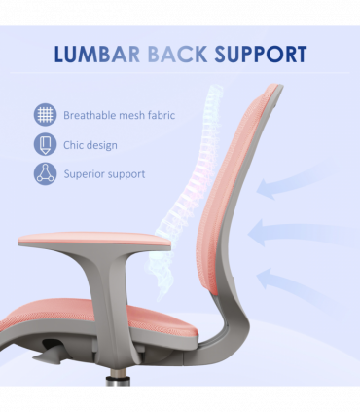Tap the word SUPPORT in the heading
click(x=262, y=54)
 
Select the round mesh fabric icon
click(x=45, y=115)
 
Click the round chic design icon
click(x=45, y=145)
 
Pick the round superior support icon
click(x=45, y=174)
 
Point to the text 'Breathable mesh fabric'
click(x=119, y=115)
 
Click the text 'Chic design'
click(x=90, y=145)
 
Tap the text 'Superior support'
click(x=104, y=174)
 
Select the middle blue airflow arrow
click(x=289, y=233)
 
